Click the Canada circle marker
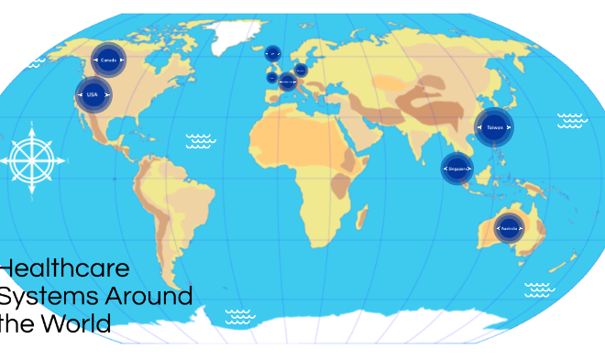pos(108,60)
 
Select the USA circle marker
pos(93,94)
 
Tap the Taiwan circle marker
pos(494,127)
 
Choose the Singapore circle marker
pos(457,169)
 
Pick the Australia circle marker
pos(509,226)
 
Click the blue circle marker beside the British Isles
pos(272,78)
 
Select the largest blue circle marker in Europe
pos(288,82)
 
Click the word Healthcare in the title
pos(65,269)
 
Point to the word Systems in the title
pos(47,296)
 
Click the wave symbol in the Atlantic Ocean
pos(201,141)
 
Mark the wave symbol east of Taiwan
pos(572,121)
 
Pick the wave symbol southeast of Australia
pos(539,289)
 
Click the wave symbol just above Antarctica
pos(240,316)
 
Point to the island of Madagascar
pos(362,217)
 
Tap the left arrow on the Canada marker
pos(95,60)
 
